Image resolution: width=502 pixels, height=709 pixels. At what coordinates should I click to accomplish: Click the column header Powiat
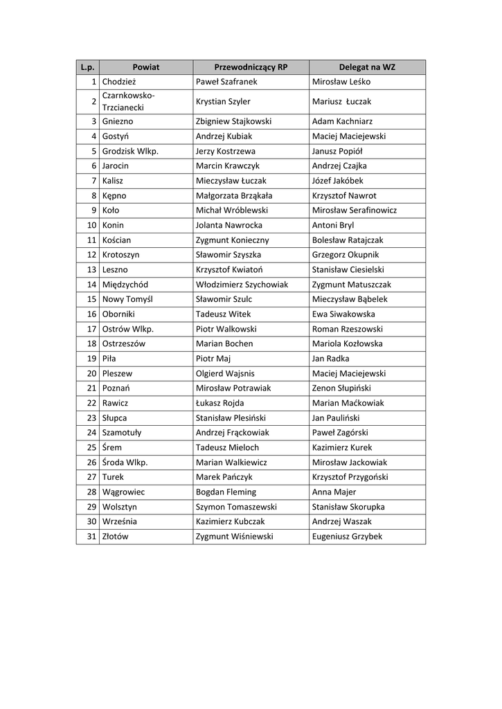(x=145, y=67)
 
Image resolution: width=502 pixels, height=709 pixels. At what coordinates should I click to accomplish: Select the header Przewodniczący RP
(x=251, y=67)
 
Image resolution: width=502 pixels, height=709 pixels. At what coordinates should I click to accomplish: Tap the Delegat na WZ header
(x=367, y=67)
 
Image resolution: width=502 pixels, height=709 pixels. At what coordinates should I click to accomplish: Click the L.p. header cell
(x=87, y=67)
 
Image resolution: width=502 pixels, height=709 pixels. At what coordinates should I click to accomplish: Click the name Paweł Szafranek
(x=226, y=82)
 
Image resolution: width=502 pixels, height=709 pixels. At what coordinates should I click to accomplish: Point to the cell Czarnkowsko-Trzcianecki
(x=129, y=101)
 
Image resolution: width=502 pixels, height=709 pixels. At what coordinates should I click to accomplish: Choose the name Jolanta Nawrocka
(x=228, y=225)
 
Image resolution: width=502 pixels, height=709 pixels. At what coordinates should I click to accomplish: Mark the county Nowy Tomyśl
(x=127, y=299)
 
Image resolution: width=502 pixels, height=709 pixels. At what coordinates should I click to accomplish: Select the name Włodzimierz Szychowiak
(x=242, y=285)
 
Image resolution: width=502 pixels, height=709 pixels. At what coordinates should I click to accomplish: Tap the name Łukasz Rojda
(x=219, y=403)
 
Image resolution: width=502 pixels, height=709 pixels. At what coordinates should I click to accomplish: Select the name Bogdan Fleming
(x=226, y=492)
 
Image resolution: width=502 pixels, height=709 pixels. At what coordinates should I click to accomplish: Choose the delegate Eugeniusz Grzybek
(x=347, y=537)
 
